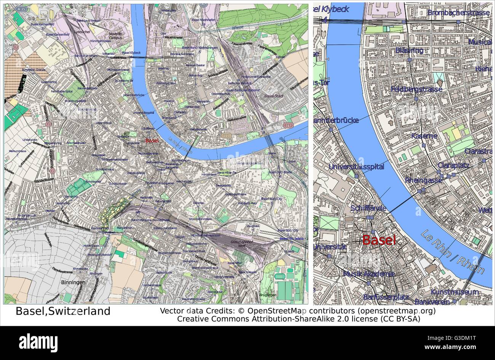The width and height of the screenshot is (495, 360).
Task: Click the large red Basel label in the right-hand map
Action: [379, 240]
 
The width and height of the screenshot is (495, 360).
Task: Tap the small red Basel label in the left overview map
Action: [152, 140]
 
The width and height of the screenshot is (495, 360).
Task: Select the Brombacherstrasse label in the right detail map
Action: [458, 13]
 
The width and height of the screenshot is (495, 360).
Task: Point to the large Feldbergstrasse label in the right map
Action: [416, 89]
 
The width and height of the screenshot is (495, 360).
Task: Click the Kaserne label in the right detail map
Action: [424, 136]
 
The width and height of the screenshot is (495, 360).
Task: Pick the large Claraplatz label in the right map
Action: [453, 166]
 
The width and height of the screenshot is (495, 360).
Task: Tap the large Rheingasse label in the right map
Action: [423, 180]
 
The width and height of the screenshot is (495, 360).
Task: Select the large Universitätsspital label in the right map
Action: [356, 167]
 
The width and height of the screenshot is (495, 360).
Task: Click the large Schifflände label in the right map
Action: [368, 208]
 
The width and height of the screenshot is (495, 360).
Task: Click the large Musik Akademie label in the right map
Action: [369, 274]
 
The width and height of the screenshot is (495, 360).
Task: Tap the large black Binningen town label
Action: [73, 282]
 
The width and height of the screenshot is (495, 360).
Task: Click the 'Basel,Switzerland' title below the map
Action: [63, 311]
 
